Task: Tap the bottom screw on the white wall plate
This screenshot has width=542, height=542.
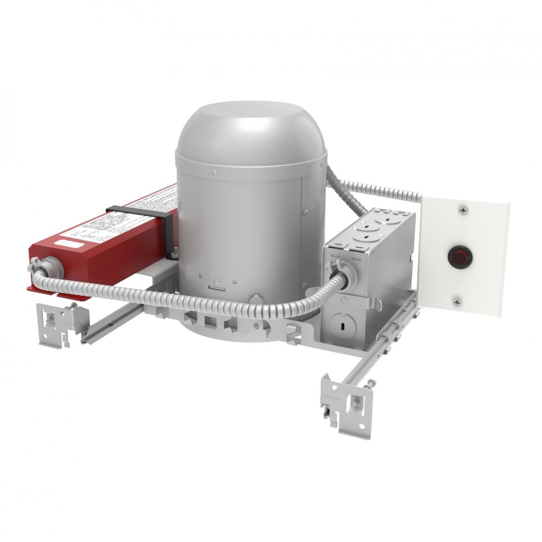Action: coord(458,302)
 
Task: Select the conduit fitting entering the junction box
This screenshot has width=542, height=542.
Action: coord(340,271)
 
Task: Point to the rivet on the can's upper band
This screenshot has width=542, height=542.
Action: coord(215,172)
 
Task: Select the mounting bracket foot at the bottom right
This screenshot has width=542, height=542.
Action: coord(347,404)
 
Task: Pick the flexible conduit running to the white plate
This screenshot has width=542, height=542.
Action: coord(379,190)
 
